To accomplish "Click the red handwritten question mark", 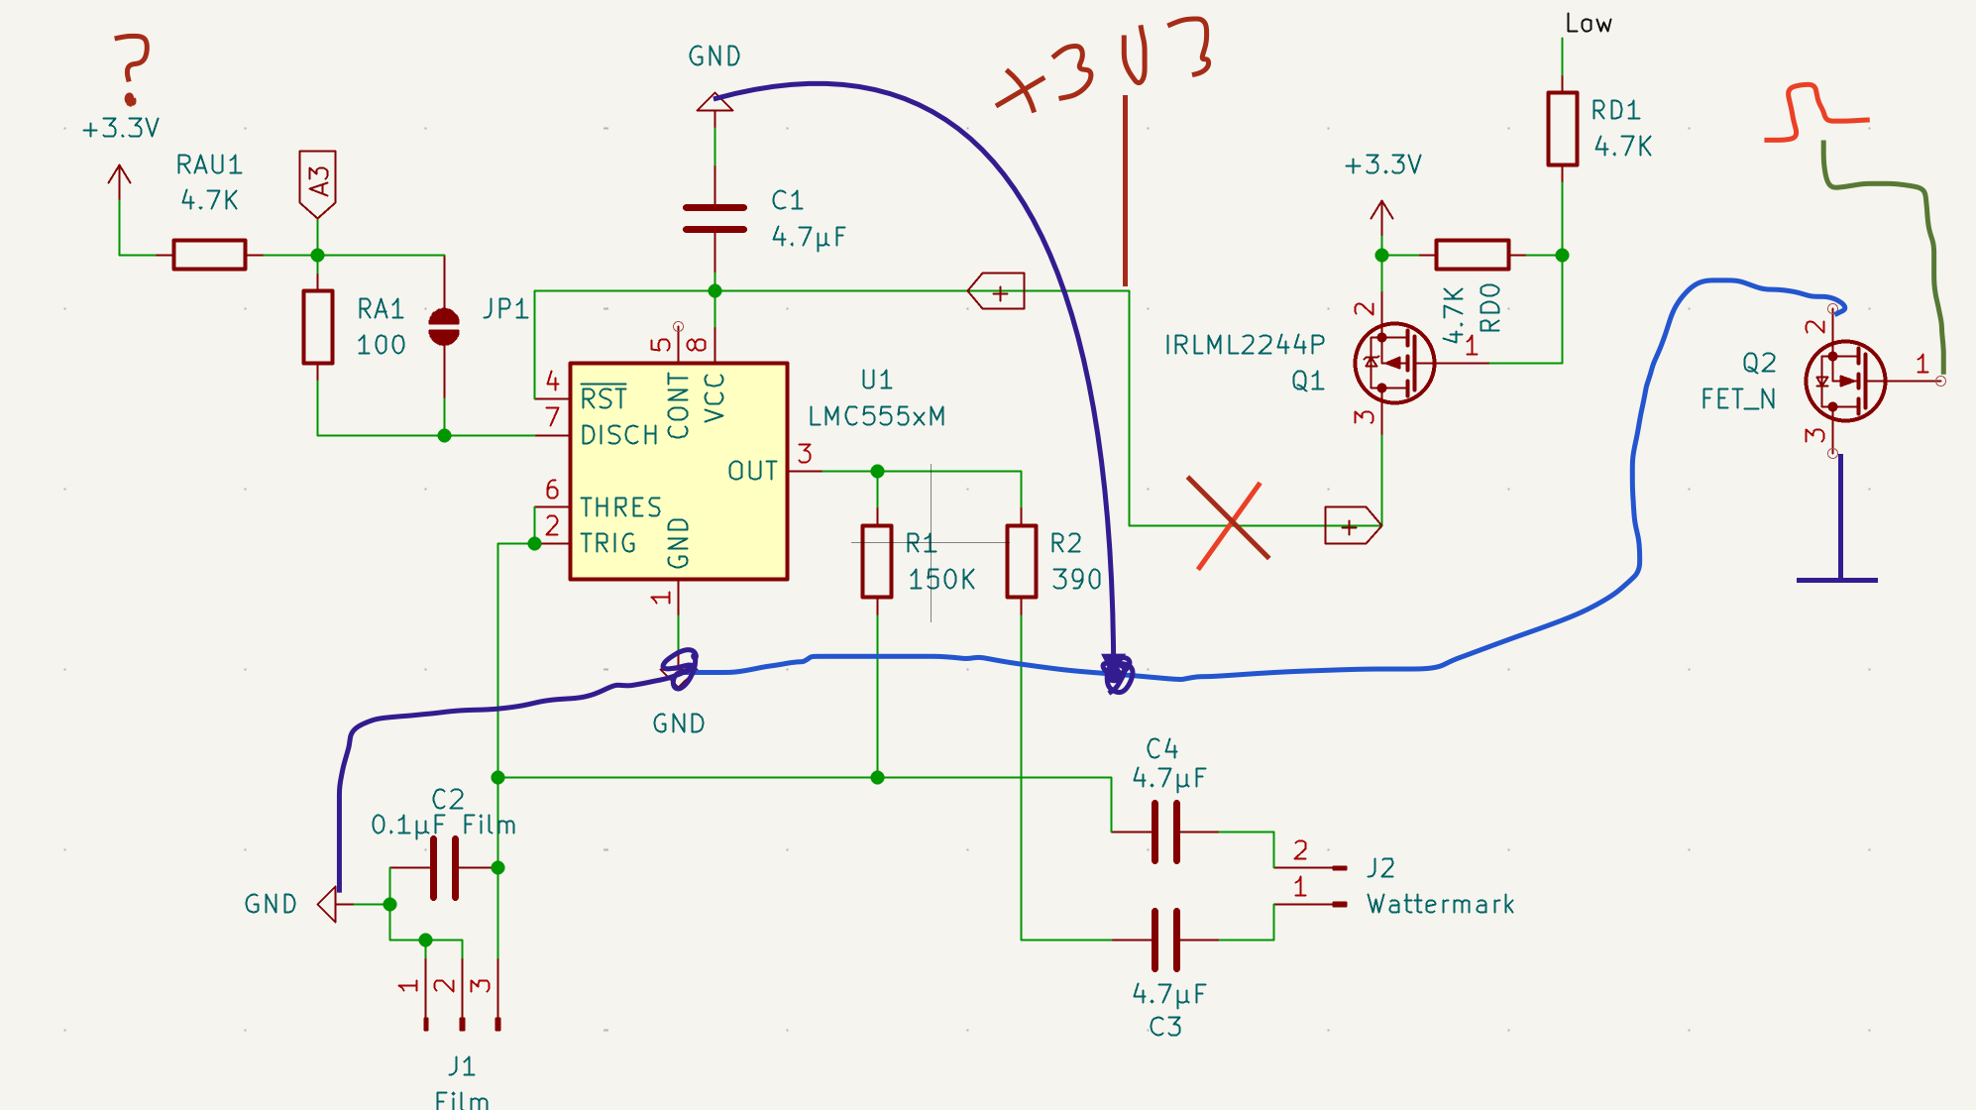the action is tap(132, 67).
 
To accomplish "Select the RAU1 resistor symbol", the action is tap(209, 255).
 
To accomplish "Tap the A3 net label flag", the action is tap(317, 184).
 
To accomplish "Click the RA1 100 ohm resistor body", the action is tap(317, 327).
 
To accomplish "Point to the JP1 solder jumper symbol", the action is tap(444, 326).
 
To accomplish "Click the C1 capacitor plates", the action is tap(714, 219).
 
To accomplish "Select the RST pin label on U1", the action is tap(604, 397).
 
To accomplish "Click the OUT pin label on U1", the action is tap(753, 471).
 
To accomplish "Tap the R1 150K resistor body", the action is tap(876, 561).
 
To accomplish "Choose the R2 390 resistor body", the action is tap(1021, 561).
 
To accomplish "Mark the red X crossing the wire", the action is tap(1229, 523).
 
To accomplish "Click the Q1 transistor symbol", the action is tap(1394, 363).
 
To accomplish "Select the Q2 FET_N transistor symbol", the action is tap(1845, 382).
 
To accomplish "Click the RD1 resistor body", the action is tap(1562, 129).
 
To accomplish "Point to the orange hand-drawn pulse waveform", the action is tap(1815, 114).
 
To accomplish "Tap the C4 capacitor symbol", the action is tap(1165, 832).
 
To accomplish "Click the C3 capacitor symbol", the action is tap(1165, 940).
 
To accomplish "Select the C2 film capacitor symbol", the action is tap(444, 868).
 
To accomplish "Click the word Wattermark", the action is tap(1441, 904).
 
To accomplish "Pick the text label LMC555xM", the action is tap(877, 416).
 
